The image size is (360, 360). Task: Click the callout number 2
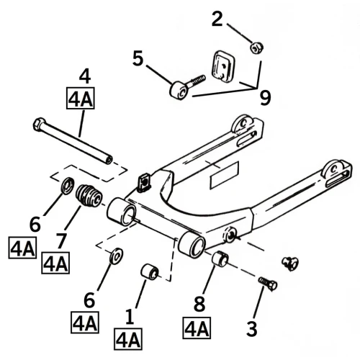point(217,19)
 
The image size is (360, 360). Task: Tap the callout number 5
point(138,58)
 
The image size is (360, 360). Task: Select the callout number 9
point(265,98)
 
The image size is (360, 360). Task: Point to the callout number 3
point(252,328)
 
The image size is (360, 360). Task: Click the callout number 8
point(199,304)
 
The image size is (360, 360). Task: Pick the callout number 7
point(60,240)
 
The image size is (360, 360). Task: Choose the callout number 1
point(130,317)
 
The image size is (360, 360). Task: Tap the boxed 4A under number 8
point(197,328)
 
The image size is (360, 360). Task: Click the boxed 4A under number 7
point(55,263)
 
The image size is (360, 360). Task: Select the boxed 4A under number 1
point(128,339)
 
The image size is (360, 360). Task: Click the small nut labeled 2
point(257,48)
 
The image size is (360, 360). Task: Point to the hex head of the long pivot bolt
point(38,125)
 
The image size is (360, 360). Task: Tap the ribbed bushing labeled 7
point(89,195)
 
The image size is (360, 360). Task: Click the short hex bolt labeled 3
point(268,284)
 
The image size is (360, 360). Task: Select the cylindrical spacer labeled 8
point(220,259)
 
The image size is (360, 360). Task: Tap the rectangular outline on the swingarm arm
point(225,174)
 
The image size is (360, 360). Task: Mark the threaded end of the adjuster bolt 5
point(199,79)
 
